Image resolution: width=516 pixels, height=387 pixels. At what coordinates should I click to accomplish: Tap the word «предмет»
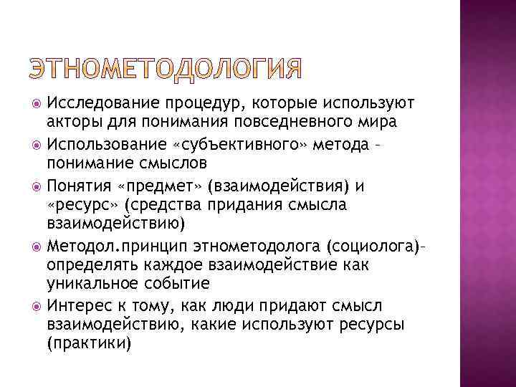click(x=159, y=188)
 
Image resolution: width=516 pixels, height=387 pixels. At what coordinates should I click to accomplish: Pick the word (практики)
click(x=89, y=343)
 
